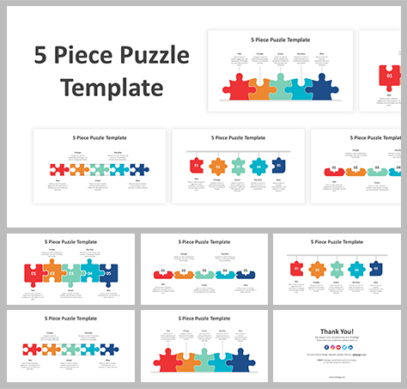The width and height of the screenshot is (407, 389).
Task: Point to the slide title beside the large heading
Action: pyautogui.click(x=280, y=40)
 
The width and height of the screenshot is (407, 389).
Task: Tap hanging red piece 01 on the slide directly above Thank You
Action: pyautogui.click(x=297, y=269)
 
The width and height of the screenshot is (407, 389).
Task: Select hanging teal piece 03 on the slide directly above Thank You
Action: pyautogui.click(x=335, y=269)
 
